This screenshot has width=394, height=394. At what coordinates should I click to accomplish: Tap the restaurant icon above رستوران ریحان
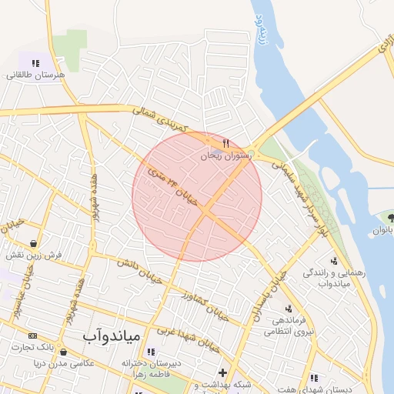[x=225, y=143]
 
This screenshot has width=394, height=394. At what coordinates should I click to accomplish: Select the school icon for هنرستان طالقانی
[x=35, y=63]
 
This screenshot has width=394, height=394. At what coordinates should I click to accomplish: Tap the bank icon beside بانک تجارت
[x=32, y=336]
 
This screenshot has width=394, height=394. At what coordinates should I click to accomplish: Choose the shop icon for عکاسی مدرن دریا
[x=63, y=352]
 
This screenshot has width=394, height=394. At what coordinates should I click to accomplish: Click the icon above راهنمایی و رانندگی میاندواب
[x=333, y=260]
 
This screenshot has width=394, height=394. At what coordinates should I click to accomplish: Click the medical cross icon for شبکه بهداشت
[x=222, y=373]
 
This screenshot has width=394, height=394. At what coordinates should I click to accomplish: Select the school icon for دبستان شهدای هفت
[x=314, y=378]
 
